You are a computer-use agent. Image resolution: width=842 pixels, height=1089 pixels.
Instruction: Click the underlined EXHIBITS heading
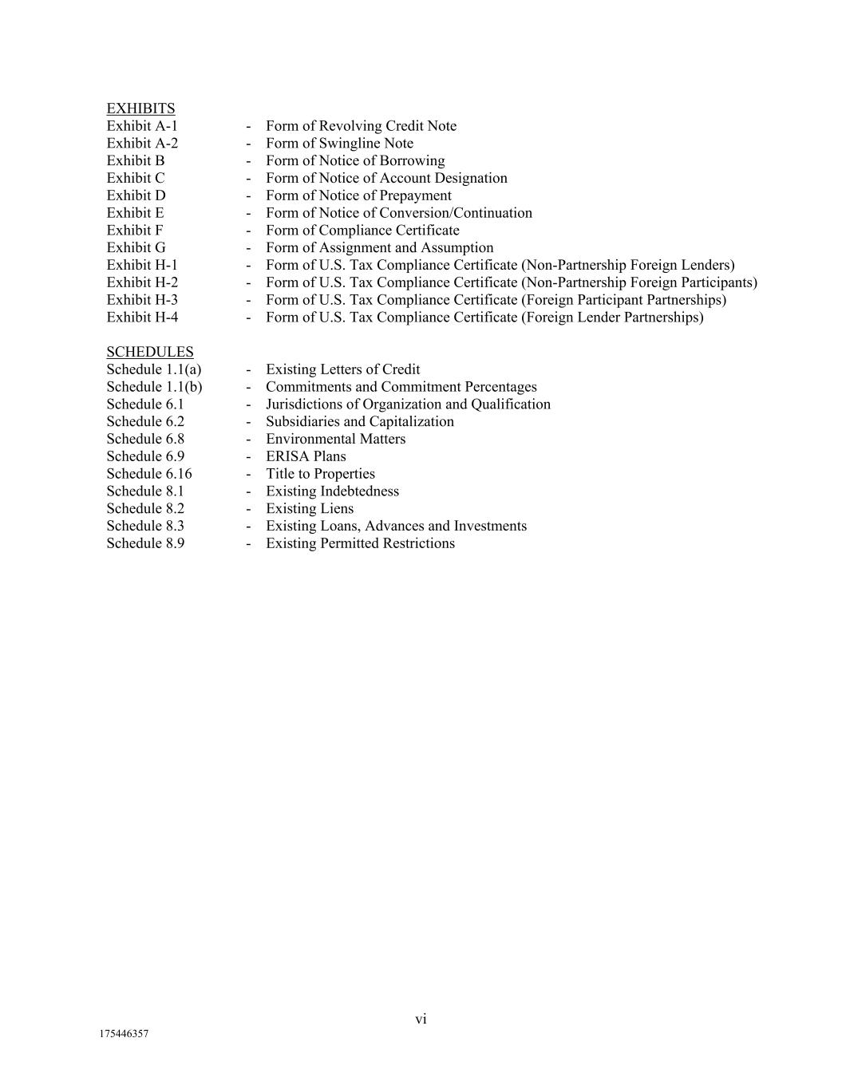140,109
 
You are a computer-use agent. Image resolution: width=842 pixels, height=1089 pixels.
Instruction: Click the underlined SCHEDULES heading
150,352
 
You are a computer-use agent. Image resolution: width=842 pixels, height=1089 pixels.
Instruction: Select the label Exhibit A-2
142,144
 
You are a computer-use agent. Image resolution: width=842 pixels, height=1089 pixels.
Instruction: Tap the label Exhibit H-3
142,300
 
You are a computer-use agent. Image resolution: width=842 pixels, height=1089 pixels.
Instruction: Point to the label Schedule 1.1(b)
154,387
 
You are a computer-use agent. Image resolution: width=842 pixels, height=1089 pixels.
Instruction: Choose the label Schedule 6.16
149,474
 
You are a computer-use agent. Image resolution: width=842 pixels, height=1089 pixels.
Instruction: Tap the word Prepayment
415,195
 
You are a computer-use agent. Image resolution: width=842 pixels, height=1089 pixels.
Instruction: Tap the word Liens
337,509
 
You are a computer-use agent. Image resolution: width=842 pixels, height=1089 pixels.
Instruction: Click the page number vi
421,1019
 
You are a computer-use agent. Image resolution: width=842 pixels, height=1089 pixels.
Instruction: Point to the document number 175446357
124,1034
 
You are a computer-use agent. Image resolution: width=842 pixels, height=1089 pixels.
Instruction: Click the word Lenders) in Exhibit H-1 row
708,265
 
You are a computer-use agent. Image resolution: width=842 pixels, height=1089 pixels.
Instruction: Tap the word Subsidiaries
305,422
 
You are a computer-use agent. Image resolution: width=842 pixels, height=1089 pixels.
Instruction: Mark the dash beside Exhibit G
248,248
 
